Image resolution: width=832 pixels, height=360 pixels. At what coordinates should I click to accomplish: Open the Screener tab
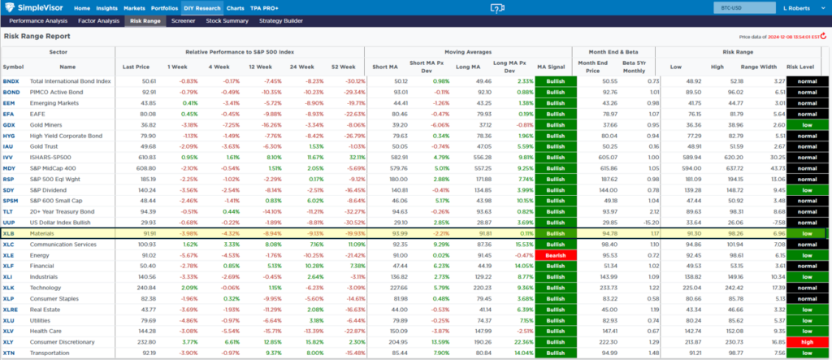tap(183, 20)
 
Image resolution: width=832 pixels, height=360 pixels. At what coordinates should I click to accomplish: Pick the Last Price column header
tap(135, 67)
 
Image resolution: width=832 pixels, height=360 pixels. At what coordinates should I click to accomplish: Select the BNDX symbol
tap(11, 81)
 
